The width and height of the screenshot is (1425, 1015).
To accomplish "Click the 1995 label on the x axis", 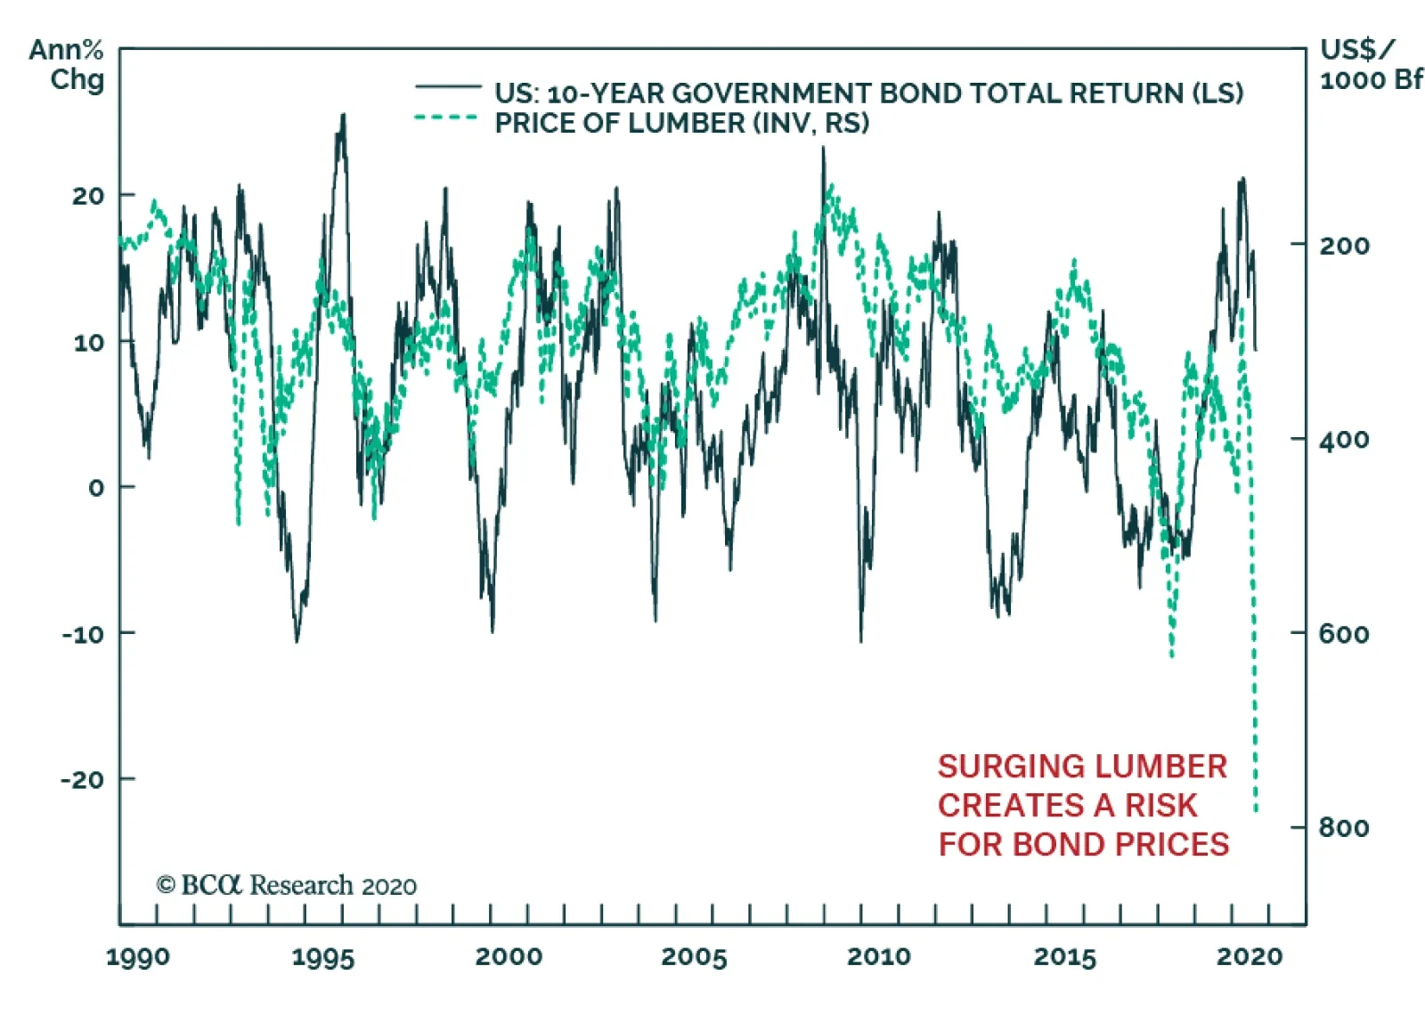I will click(x=322, y=958).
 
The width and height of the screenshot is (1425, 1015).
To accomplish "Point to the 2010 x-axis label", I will click(x=878, y=957).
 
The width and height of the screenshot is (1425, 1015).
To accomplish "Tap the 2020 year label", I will click(x=1249, y=957).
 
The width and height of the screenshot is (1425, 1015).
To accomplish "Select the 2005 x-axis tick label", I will click(x=693, y=958).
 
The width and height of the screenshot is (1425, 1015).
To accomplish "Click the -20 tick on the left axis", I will click(x=83, y=780).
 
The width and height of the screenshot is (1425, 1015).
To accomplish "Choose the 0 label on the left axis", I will click(x=96, y=488).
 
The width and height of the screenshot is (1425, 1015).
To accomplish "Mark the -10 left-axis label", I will click(x=83, y=634).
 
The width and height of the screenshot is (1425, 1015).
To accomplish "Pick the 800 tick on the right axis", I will click(x=1344, y=828).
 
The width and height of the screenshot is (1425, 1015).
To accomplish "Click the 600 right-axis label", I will click(x=1344, y=634).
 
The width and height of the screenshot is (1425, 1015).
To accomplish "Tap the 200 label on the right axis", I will click(x=1344, y=245).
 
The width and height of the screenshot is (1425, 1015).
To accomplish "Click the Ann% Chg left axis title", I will click(x=68, y=64).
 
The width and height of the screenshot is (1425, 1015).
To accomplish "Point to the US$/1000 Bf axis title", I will click(x=1370, y=64).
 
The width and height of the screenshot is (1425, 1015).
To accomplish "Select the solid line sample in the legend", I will click(x=448, y=86).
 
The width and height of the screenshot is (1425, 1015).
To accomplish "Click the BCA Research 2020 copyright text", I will click(x=286, y=886).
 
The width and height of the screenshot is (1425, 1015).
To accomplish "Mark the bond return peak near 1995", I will click(x=343, y=116).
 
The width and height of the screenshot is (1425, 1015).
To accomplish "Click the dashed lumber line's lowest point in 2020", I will click(x=1256, y=810).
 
